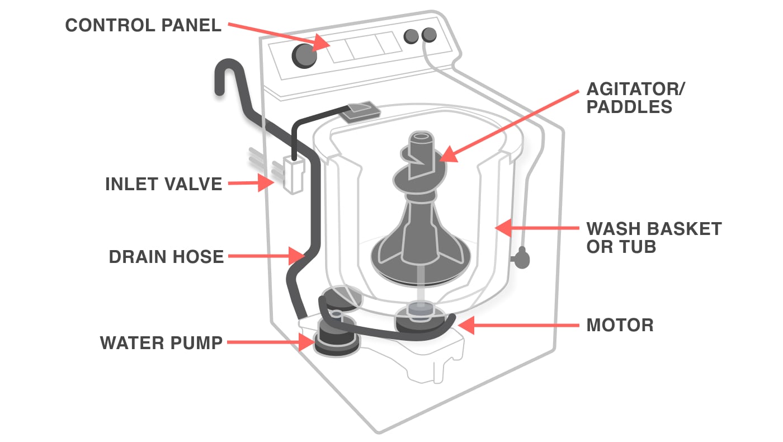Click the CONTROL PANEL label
coord(143,25)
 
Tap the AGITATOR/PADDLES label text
coord(636,97)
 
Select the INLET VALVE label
coord(163,184)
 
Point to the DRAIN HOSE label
coord(166,257)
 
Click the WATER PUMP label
coord(161,342)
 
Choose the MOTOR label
coord(620,325)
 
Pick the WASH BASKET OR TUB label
coord(653,237)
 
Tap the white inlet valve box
coord(293,175)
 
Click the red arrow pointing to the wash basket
coord(537,228)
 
